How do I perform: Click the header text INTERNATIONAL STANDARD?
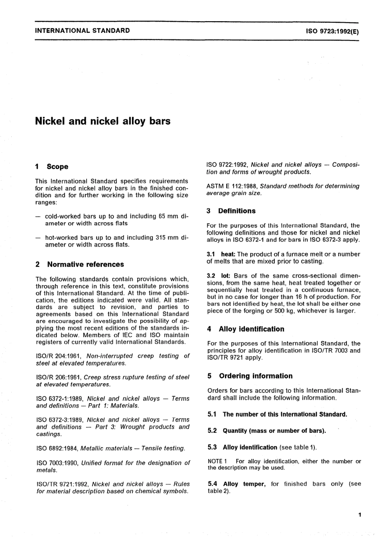(x=83, y=30)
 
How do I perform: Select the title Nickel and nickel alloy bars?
(x=103, y=121)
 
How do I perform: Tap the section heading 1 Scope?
(x=52, y=167)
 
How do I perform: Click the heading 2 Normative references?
(x=80, y=264)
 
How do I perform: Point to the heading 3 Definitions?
(x=231, y=211)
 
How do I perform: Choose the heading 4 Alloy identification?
(x=245, y=329)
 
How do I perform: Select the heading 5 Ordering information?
(x=250, y=376)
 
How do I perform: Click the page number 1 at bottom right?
(x=359, y=515)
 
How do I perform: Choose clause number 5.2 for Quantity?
(x=212, y=431)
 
